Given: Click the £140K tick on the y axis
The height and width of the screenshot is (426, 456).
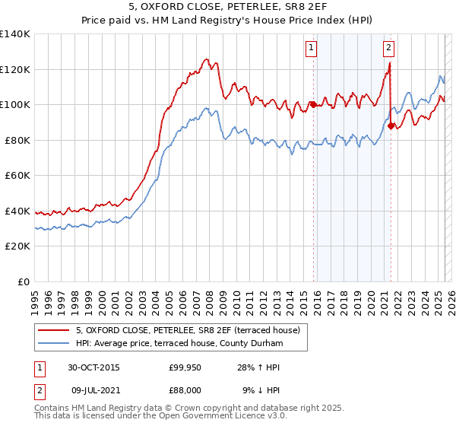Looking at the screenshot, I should click(x=15, y=34).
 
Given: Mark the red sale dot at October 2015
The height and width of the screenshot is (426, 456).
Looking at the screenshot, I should click(x=313, y=104).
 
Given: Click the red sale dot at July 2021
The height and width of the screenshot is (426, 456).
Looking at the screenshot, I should click(x=391, y=126).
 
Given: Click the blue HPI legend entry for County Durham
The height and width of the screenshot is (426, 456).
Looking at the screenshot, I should click(x=179, y=344).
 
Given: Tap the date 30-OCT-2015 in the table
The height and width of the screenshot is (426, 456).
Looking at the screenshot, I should click(x=93, y=367).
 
